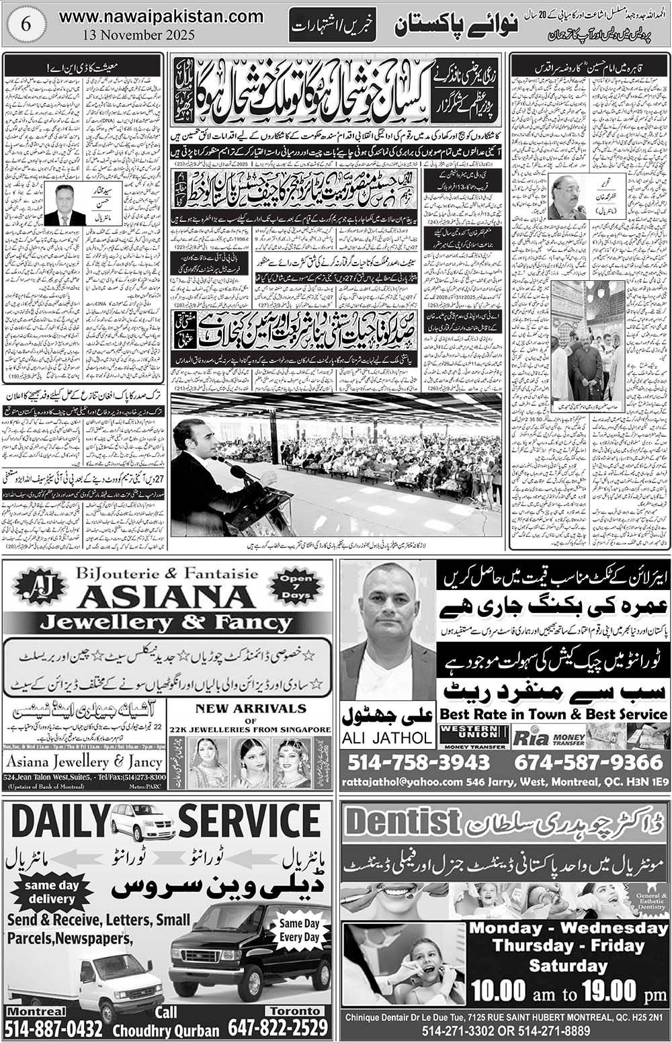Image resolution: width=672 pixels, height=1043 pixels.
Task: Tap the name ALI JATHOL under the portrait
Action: click(387, 737)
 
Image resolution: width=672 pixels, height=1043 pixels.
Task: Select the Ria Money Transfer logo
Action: click(548, 738)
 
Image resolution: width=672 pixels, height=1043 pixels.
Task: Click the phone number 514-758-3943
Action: click(419, 763)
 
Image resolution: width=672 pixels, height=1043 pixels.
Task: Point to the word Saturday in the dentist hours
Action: click(568, 966)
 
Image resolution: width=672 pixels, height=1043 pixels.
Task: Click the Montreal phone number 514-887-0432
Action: click(54, 1028)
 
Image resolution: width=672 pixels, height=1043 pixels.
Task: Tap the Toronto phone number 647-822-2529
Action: click(278, 1028)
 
